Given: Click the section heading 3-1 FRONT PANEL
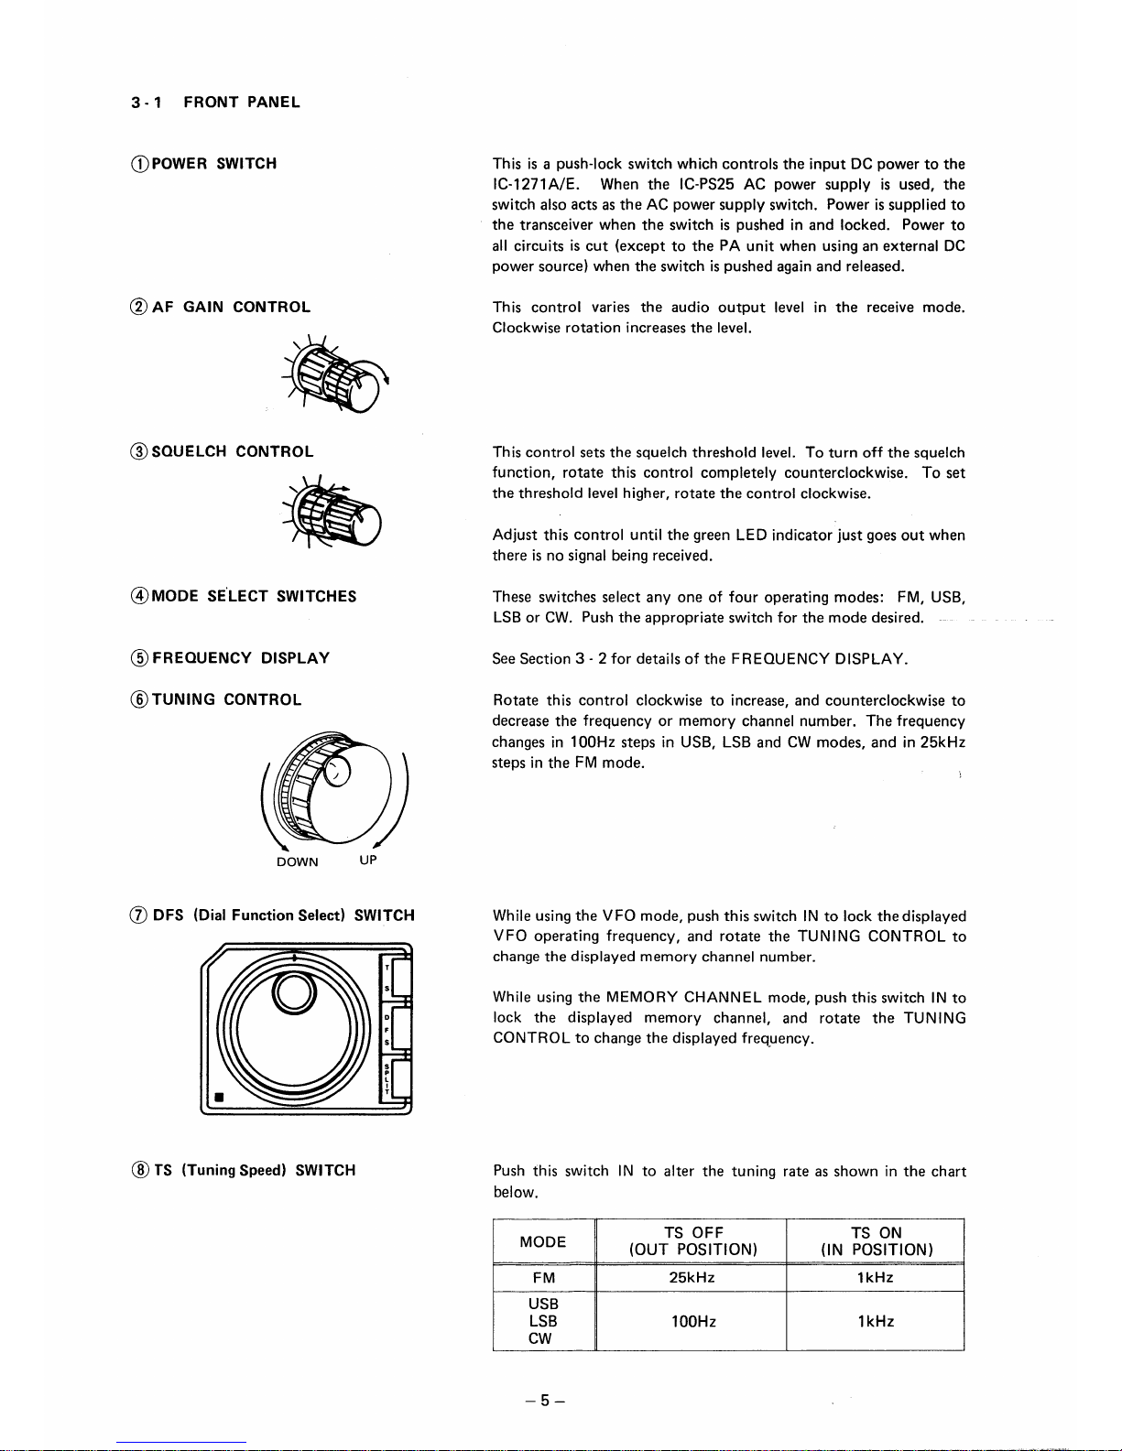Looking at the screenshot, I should point(215,102).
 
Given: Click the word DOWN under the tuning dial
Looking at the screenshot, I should point(298,861).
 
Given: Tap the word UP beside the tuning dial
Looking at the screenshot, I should point(367,860).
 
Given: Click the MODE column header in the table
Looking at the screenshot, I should point(543,1241).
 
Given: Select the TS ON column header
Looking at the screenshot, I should point(877,1241).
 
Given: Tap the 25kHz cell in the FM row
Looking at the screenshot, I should point(692,1278).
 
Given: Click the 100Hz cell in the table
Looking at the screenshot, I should point(692,1321).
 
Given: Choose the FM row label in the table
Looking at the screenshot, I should point(543,1278).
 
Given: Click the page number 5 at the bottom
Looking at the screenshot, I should point(544,1401).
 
